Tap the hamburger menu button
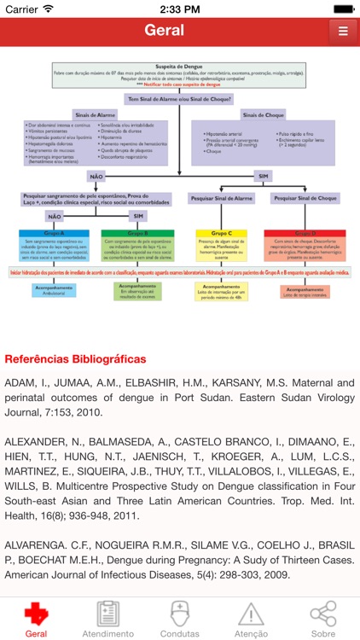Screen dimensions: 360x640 [x=342, y=32]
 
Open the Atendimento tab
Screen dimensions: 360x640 [x=107, y=619]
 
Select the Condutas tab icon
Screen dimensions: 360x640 [x=180, y=619]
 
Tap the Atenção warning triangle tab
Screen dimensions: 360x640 [x=251, y=619]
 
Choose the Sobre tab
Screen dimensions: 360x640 [x=323, y=619]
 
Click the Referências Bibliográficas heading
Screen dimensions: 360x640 [x=75, y=359]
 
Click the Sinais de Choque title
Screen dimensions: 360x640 [x=265, y=114]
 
